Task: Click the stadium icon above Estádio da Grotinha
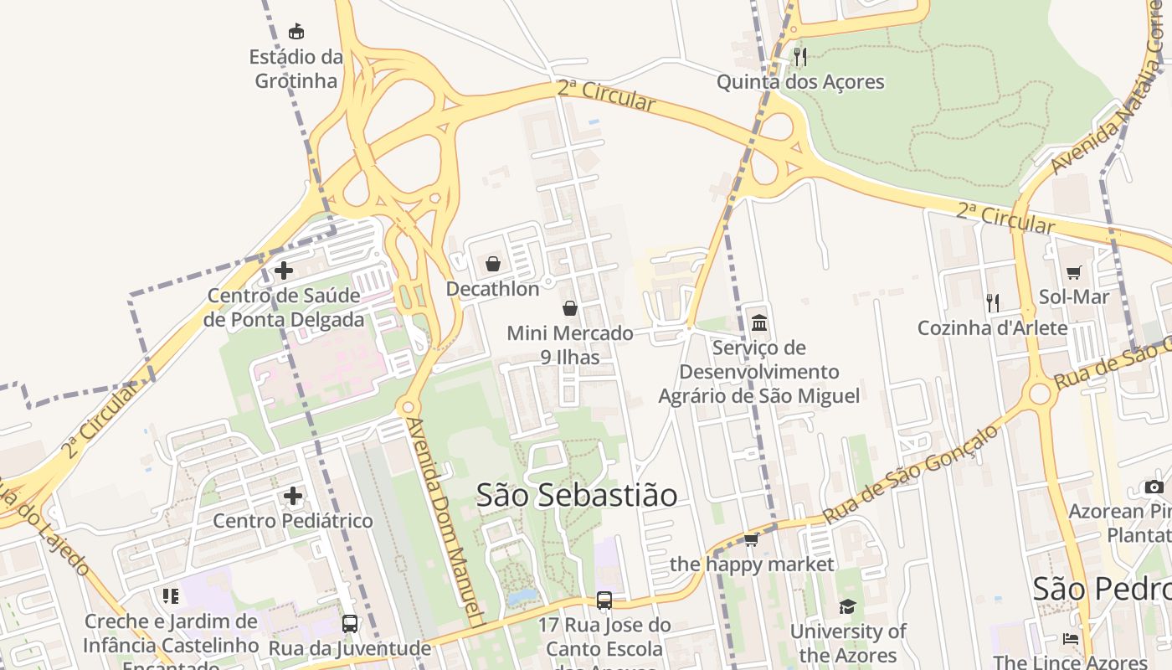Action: coord(296,32)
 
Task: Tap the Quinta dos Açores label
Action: coord(800,82)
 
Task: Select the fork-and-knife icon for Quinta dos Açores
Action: coord(800,56)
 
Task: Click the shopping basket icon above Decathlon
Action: coord(493,264)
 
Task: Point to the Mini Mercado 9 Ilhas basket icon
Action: coord(570,308)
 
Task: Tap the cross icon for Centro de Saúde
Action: coord(284,271)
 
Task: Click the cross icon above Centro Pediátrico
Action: coord(293,496)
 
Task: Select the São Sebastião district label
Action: coord(577,495)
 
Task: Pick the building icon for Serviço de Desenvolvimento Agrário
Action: coord(759,322)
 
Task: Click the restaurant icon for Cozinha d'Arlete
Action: coord(993,302)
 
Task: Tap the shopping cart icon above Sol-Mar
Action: coord(1074,271)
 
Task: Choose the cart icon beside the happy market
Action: coord(752,539)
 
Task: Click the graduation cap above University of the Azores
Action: coord(848,606)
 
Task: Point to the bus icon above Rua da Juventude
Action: coord(350,623)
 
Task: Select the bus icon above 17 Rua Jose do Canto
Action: coord(604,600)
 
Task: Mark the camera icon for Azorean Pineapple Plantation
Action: coord(1154,487)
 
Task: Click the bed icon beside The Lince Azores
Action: coord(1071,638)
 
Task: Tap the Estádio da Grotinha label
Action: coord(296,70)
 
